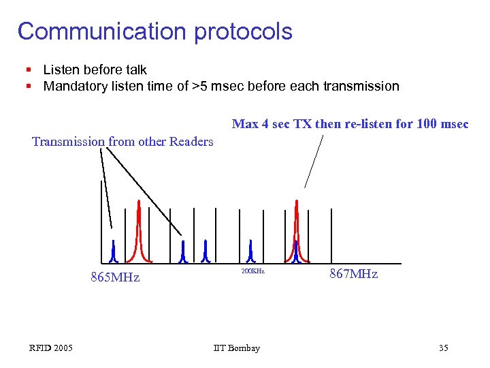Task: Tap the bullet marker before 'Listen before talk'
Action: point(28,70)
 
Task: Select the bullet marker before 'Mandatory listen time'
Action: point(28,87)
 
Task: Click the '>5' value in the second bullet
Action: point(201,87)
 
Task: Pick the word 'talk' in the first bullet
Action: point(135,70)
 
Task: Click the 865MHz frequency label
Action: point(115,277)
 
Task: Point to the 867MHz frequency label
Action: point(353,274)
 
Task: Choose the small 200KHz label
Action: point(252,271)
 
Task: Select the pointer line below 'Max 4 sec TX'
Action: point(313,160)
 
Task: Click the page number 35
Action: point(443,348)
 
